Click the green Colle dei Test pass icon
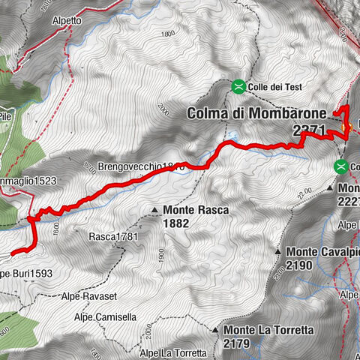238,87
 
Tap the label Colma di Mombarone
256,113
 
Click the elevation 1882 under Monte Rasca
178,223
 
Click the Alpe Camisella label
105,317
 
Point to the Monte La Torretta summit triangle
215,330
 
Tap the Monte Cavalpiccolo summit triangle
277,252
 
